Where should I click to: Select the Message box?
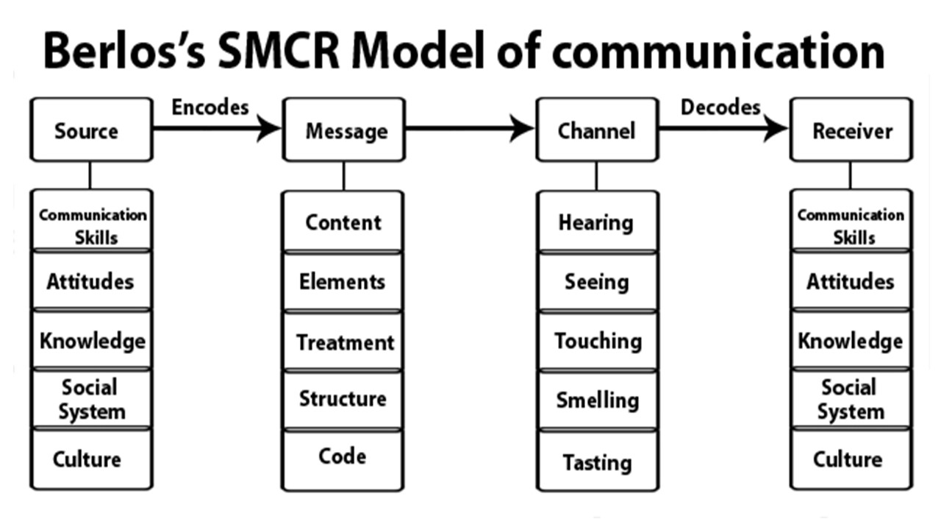pyautogui.click(x=344, y=130)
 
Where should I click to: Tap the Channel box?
pyautogui.click(x=596, y=130)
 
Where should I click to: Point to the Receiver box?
pyautogui.click(x=851, y=130)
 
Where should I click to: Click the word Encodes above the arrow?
pyautogui.click(x=210, y=107)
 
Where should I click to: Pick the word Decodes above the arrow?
pyautogui.click(x=720, y=107)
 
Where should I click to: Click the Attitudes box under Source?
pyautogui.click(x=91, y=281)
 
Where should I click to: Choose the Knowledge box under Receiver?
pyautogui.click(x=851, y=341)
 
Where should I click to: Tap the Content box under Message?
pyautogui.click(x=343, y=222)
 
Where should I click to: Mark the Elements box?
pyautogui.click(x=343, y=281)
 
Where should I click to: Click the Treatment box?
pyautogui.click(x=343, y=342)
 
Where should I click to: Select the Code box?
pyautogui.click(x=343, y=457)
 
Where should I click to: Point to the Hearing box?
pyautogui.click(x=596, y=222)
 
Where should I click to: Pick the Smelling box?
pyautogui.click(x=596, y=400)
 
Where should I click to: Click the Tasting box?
pyautogui.click(x=596, y=462)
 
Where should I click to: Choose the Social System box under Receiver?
pyautogui.click(x=851, y=399)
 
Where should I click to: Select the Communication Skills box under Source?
pyautogui.click(x=91, y=225)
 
